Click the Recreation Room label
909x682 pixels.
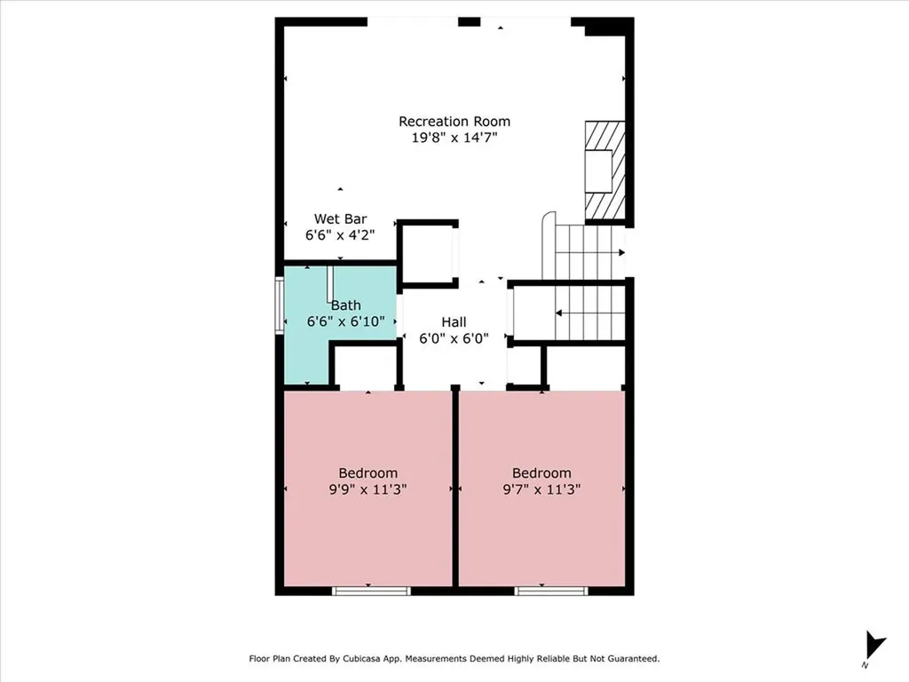click(x=454, y=122)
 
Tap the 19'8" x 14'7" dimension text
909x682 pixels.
click(x=454, y=138)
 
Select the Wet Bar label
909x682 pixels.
click(x=340, y=218)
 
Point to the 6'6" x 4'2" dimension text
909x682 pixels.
click(x=340, y=234)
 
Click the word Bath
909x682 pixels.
click(x=345, y=305)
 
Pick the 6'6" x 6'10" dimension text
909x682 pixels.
click(x=345, y=321)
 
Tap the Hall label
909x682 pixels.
click(x=454, y=322)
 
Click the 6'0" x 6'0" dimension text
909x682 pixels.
click(x=454, y=338)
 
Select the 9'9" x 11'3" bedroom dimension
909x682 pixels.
click(x=368, y=489)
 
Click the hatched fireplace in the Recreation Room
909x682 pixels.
click(x=604, y=171)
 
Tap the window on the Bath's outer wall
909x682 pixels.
click(x=278, y=305)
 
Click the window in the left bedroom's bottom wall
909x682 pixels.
click(x=371, y=591)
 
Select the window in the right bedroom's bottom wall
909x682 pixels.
click(x=551, y=591)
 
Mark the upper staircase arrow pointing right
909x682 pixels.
click(x=620, y=252)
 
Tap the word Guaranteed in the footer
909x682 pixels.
click(x=631, y=659)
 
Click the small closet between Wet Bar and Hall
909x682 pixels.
click(x=426, y=254)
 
